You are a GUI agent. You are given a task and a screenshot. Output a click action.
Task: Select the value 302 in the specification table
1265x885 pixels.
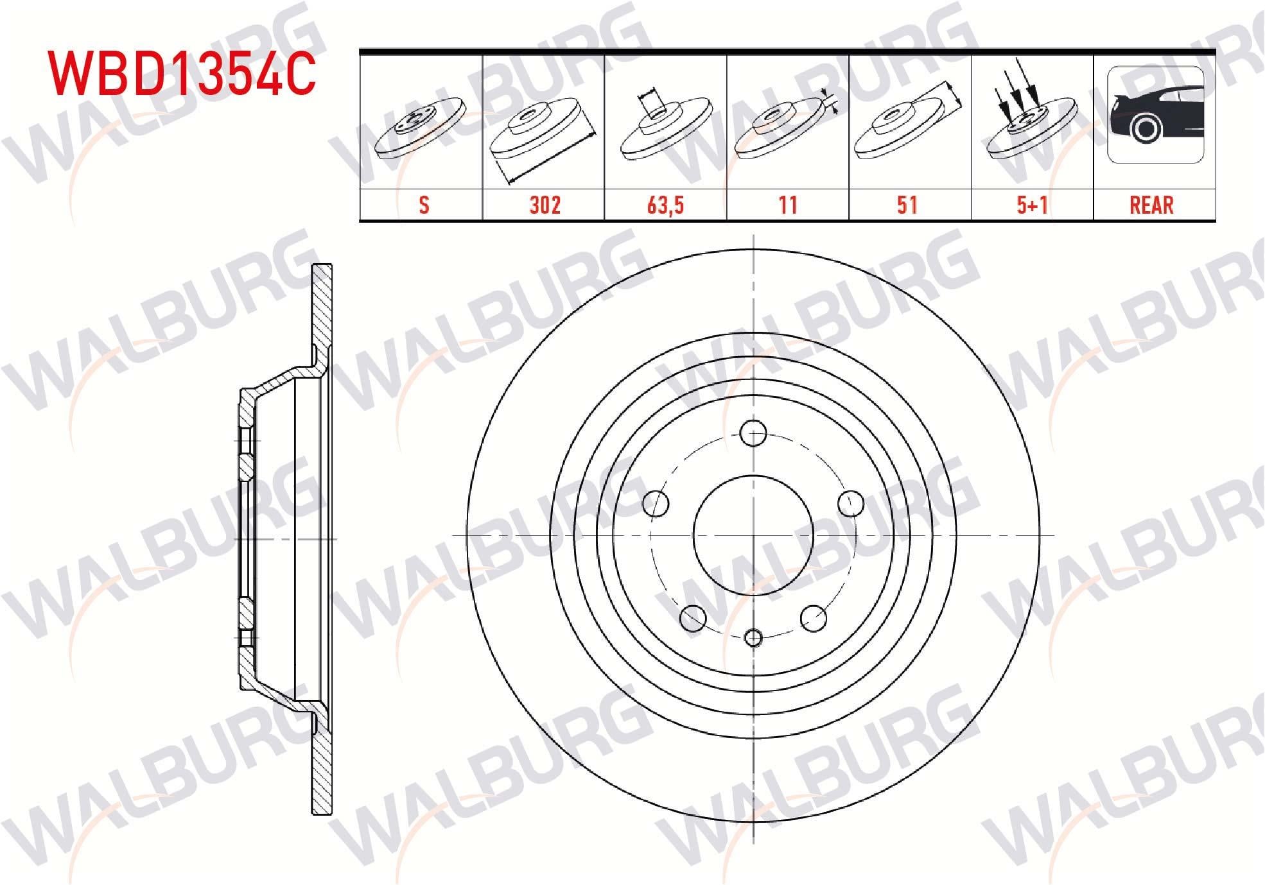pyautogui.click(x=545, y=205)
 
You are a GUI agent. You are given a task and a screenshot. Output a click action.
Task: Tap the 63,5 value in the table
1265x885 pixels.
pyautogui.click(x=666, y=205)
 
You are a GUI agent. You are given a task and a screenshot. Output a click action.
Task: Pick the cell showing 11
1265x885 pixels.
pyautogui.click(x=788, y=205)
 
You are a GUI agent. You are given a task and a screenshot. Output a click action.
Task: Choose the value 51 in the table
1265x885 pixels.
pyautogui.click(x=907, y=205)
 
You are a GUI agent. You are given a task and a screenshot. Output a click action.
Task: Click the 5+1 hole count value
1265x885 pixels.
pyautogui.click(x=1032, y=205)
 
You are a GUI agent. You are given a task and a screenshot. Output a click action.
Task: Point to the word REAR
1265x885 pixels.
pyautogui.click(x=1151, y=205)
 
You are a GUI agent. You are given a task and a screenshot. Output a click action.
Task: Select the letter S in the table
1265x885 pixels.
pyautogui.click(x=424, y=205)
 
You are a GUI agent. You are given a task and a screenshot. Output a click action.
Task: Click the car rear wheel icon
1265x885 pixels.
pyautogui.click(x=1155, y=115)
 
